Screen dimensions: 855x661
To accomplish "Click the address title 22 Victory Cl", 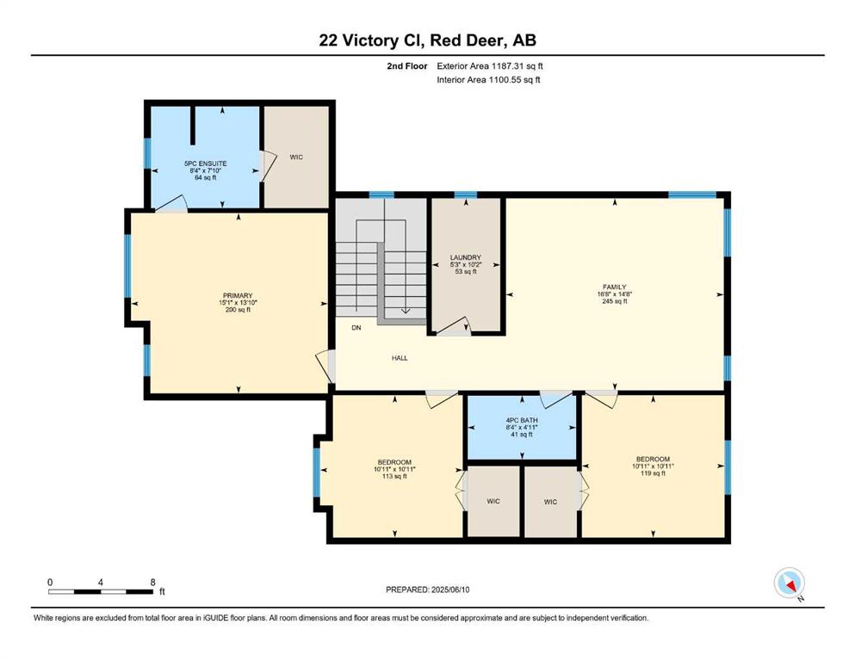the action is pos(369,40).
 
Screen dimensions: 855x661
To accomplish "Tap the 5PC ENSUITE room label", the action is pos(206,164).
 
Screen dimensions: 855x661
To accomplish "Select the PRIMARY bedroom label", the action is pos(238,296).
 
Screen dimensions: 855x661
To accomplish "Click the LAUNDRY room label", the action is pos(466,257).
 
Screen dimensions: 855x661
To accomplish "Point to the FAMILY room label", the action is pos(615,287).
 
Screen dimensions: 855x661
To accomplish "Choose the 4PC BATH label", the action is pos(522,421).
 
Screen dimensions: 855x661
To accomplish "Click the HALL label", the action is pos(400,358).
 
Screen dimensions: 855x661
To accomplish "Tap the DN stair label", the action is pos(356,328).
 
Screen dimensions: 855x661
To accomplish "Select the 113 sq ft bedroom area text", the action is pos(395,476).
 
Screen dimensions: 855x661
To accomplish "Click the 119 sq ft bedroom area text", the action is pos(653,473).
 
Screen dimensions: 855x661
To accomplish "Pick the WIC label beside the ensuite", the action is pos(296,158).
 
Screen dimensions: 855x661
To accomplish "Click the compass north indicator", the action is pos(789,583).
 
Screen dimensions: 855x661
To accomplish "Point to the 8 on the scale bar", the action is pos(152,583).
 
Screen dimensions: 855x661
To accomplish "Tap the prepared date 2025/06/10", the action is pos(450,590).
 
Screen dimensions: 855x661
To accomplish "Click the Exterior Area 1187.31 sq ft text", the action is pos(490,66).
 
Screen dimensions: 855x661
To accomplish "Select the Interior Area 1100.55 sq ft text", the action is pos(488,80).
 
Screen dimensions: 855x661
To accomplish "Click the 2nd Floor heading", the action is pos(406,66).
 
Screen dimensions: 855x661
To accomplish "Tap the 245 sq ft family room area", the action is pos(615,301).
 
